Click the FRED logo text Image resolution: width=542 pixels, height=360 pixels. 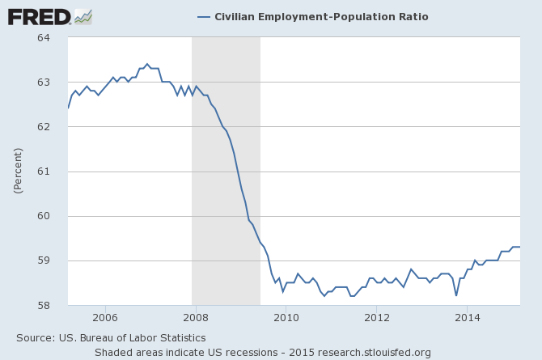[38, 16]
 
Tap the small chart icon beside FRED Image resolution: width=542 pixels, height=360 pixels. [83, 16]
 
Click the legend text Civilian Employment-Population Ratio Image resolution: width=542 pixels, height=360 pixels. [321, 17]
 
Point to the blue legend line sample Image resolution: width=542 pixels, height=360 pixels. [203, 17]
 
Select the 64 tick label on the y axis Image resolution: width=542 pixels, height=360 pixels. [44, 38]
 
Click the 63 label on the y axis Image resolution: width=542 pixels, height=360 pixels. [44, 83]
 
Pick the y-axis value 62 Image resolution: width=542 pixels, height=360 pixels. [44, 127]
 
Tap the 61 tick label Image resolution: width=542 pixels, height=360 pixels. [44, 172]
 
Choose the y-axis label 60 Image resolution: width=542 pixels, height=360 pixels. [44, 216]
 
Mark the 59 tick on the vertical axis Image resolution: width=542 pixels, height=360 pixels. [44, 260]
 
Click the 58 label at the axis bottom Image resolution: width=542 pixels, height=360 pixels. [44, 305]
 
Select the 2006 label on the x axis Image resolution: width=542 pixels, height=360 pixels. [105, 317]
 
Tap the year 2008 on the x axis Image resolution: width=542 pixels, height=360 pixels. [196, 317]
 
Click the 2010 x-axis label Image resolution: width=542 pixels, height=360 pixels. [286, 317]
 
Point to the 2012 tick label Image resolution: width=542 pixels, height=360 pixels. [377, 317]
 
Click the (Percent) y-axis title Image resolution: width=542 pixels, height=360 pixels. [17, 171]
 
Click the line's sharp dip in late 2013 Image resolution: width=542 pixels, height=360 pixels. [456, 295]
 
